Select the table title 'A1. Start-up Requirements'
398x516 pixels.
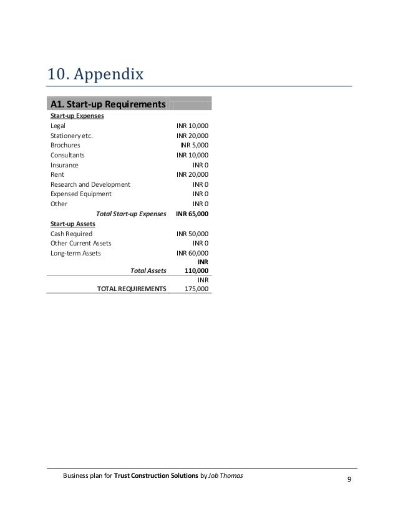point(107,104)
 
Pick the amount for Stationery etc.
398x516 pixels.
point(192,136)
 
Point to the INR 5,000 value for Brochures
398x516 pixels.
point(194,145)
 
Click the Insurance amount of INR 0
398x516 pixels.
point(200,165)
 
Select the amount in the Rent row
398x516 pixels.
point(192,174)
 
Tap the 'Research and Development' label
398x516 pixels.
point(90,184)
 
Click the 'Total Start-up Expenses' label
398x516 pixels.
point(131,214)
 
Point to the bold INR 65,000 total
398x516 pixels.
point(192,214)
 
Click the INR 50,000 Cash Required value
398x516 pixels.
point(192,233)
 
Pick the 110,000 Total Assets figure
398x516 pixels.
point(197,270)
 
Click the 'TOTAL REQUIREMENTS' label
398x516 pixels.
point(132,289)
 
